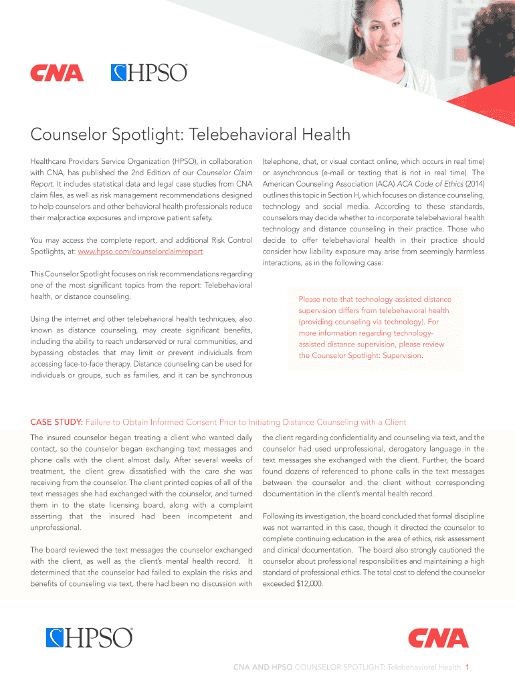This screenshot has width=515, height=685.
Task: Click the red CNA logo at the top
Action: (56, 73)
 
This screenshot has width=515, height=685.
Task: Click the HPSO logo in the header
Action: (148, 72)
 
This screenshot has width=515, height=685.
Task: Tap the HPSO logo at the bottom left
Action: (89, 638)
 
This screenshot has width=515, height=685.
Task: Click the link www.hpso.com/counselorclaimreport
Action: (140, 252)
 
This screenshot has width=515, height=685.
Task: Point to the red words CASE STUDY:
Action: (56, 422)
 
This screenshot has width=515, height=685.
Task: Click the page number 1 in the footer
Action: (469, 668)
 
